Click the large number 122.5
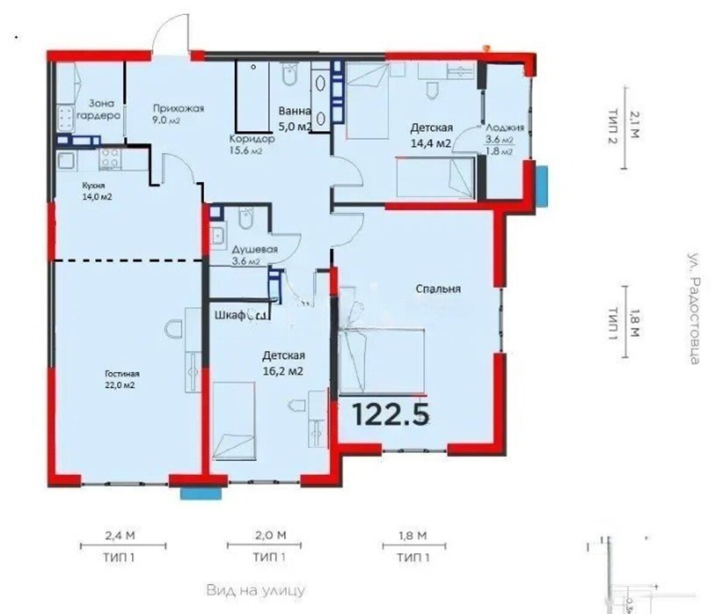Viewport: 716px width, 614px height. (391, 413)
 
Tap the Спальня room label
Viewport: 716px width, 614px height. (438, 288)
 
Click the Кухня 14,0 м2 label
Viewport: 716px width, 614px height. (97, 191)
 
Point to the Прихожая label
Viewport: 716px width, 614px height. (178, 108)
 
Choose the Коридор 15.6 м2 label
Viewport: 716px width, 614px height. (251, 145)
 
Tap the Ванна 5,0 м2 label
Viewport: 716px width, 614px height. (295, 118)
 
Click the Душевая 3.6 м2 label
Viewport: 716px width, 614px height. (255, 255)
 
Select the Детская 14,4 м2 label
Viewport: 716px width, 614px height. (431, 135)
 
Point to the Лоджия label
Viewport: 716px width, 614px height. (504, 127)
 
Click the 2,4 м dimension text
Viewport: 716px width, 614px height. (120, 536)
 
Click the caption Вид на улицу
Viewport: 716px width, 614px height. (256, 591)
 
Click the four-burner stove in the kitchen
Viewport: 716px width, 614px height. (110, 159)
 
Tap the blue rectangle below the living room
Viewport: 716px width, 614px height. (201, 493)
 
